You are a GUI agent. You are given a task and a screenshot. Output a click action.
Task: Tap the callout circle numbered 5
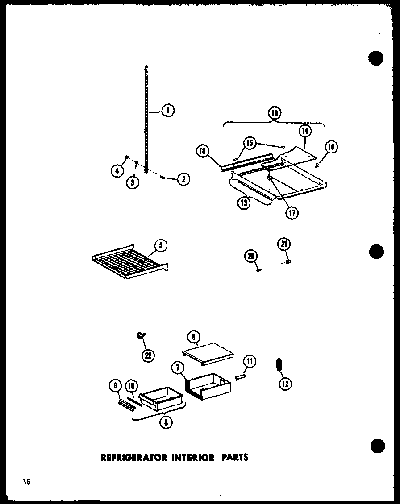coord(160,245)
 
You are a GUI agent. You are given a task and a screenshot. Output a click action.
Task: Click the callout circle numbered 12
coord(285,383)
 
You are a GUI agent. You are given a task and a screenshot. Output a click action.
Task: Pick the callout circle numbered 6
coord(195,337)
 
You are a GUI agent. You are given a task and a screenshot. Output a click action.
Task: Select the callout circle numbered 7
coord(178,368)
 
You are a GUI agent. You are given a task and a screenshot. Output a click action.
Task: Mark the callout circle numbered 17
coord(292,212)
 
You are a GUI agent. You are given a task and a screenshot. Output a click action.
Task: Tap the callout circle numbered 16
coord(332,147)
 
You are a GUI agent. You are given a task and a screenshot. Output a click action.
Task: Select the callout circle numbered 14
coord(305,131)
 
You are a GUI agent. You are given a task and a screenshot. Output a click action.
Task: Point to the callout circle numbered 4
coord(117,170)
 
